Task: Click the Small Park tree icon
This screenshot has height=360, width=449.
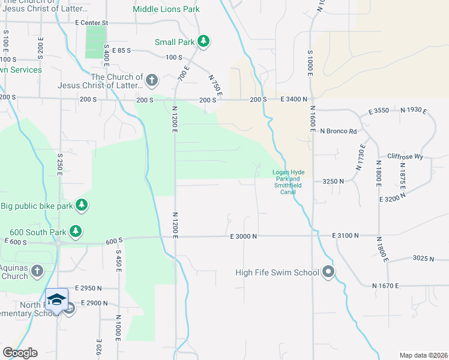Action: pyautogui.click(x=204, y=41)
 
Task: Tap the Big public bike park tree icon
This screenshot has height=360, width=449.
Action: pyautogui.click(x=82, y=206)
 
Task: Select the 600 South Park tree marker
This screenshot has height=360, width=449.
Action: pyautogui.click(x=75, y=230)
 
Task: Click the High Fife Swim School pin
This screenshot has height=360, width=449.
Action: pyautogui.click(x=328, y=272)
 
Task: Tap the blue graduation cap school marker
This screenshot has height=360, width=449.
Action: pyautogui.click(x=56, y=299)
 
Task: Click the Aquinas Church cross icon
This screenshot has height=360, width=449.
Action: pyautogui.click(x=37, y=271)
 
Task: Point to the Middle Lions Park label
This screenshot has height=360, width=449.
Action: pyautogui.click(x=166, y=9)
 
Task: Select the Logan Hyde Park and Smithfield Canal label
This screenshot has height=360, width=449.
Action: pyautogui.click(x=289, y=182)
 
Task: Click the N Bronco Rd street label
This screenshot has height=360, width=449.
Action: pyautogui.click(x=339, y=131)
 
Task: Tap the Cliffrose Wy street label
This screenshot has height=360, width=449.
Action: pyautogui.click(x=405, y=157)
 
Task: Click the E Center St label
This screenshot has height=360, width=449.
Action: pyautogui.click(x=91, y=23)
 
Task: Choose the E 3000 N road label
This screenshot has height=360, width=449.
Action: pyautogui.click(x=243, y=236)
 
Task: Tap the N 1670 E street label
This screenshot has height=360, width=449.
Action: pyautogui.click(x=385, y=286)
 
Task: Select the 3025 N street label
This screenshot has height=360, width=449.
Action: pyautogui.click(x=423, y=258)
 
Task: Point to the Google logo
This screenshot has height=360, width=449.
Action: pyautogui.click(x=20, y=353)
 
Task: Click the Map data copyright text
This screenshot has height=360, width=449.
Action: pyautogui.click(x=423, y=355)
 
